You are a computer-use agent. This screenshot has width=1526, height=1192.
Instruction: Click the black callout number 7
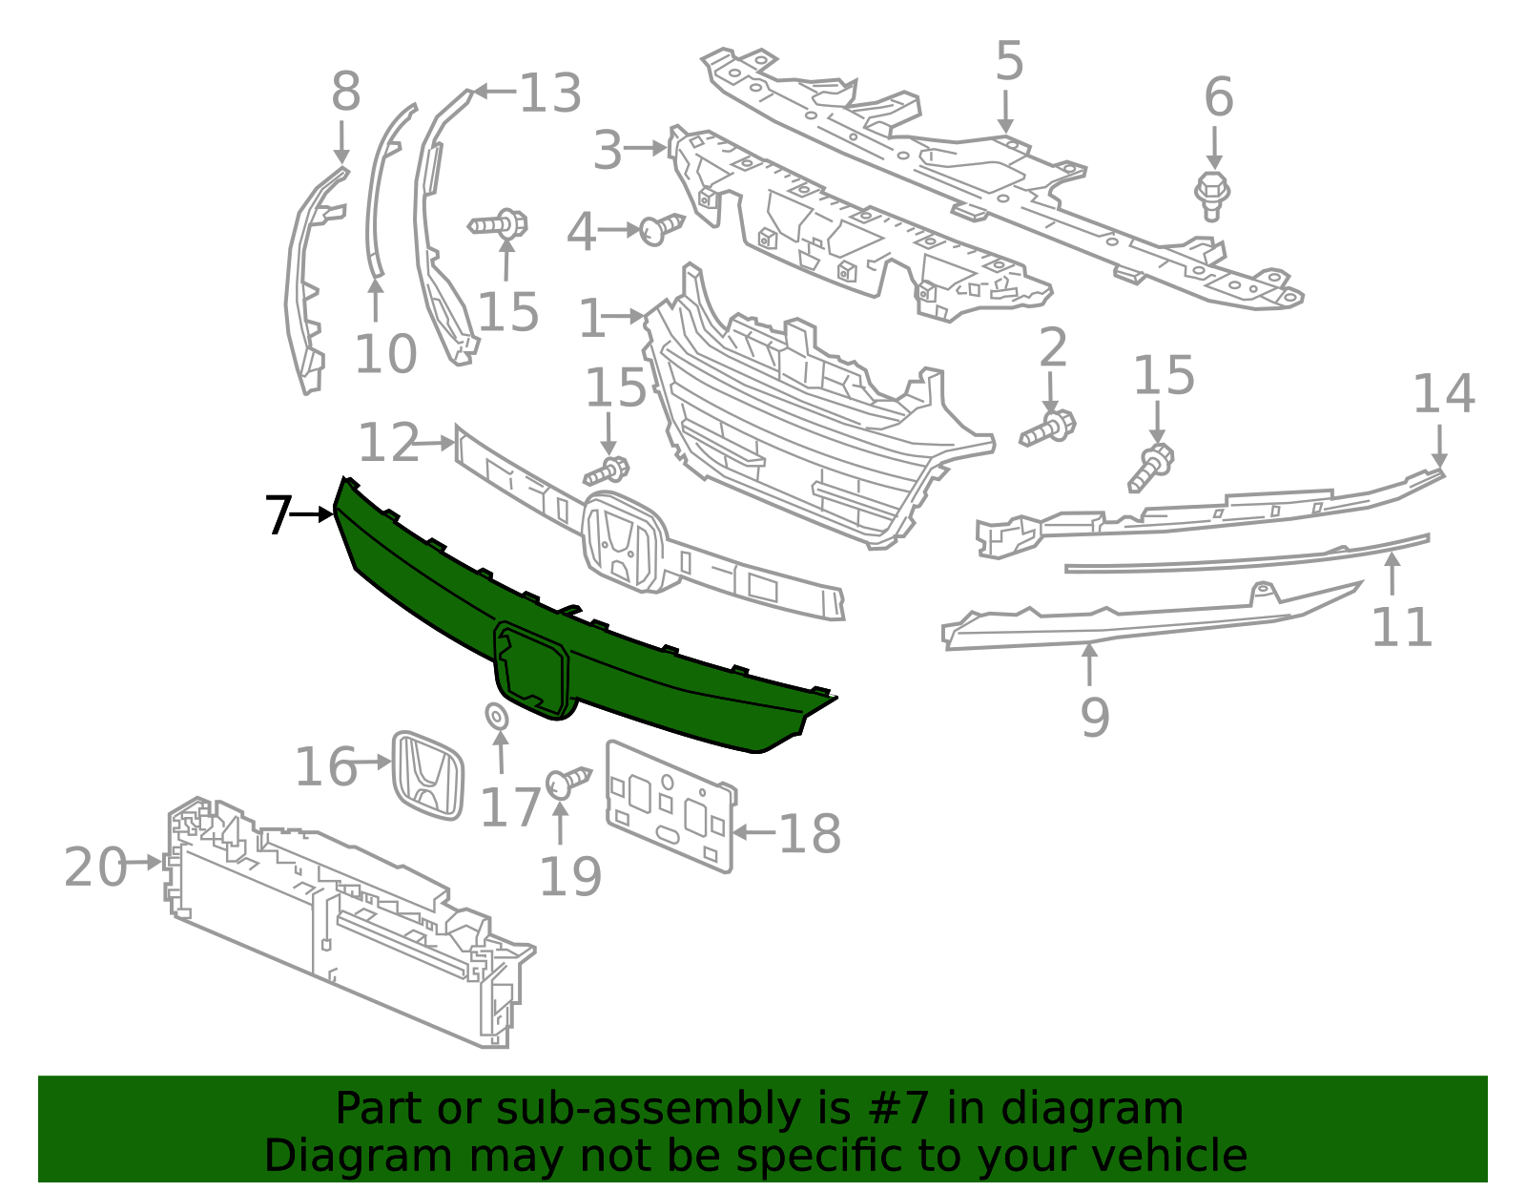tap(278, 515)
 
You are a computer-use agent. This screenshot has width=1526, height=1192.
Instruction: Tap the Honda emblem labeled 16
tap(427, 775)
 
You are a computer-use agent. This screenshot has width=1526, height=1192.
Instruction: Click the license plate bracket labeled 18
tap(670, 807)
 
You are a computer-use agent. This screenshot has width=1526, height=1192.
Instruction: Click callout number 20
tap(95, 867)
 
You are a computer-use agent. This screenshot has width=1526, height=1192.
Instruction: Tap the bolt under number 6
tap(1211, 195)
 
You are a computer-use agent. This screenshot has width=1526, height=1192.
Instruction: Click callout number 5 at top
tap(1009, 62)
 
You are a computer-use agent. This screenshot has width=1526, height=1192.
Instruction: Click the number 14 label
tap(1443, 394)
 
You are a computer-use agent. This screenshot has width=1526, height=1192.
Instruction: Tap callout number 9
tap(1095, 717)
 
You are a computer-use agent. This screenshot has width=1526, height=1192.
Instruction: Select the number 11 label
tap(1401, 627)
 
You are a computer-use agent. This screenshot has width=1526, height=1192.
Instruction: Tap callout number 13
tap(550, 94)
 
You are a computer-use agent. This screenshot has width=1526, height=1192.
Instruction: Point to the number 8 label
tap(345, 93)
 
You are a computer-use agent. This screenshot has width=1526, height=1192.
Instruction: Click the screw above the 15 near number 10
tap(499, 225)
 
